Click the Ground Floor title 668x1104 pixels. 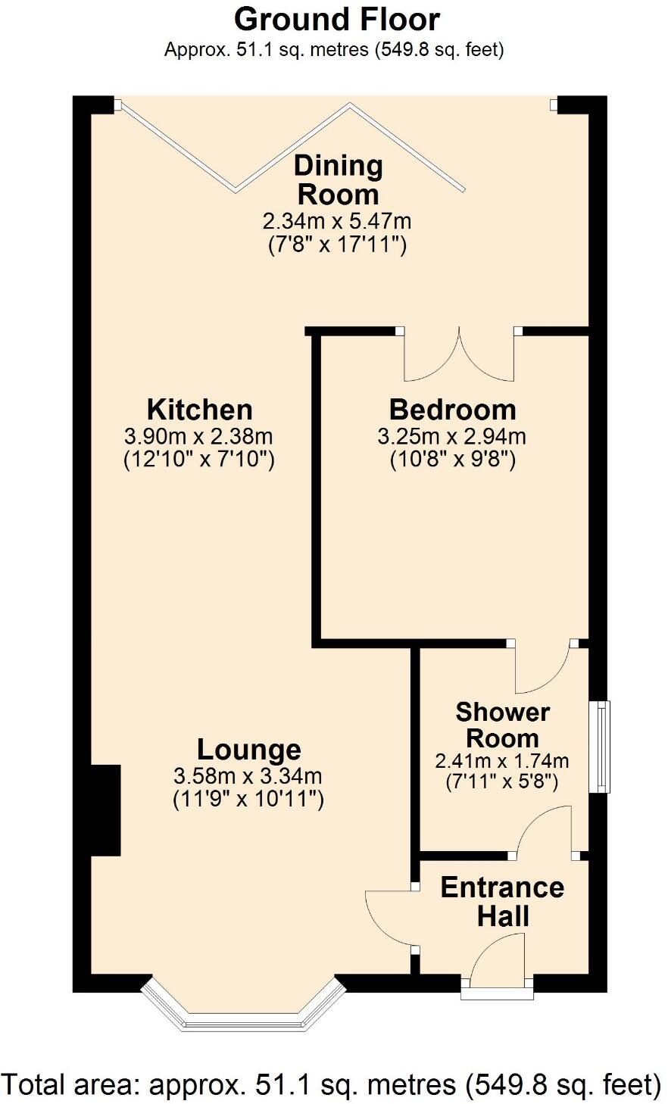point(337,20)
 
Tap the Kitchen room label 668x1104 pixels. point(200,410)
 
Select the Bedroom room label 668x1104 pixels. point(453,410)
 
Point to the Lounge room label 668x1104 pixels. point(249,750)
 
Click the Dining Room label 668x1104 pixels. point(339,180)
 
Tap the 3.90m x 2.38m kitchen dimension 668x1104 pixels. point(198,436)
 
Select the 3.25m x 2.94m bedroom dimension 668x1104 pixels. point(451,436)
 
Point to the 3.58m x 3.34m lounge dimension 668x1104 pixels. point(248,776)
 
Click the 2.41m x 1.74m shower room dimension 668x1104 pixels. point(502,762)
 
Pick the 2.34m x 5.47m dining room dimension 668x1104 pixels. point(337,221)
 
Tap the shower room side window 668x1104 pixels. point(600,747)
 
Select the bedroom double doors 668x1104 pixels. point(459,353)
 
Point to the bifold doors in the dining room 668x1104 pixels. point(291,146)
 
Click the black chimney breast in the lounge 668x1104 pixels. point(105,810)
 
